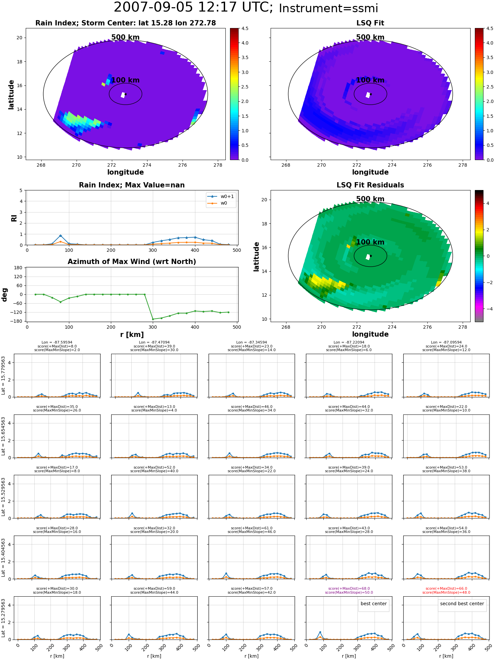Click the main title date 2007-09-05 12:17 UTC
pyautogui.click(x=193, y=8)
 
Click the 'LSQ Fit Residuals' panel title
pyautogui.click(x=370, y=185)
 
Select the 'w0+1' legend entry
pyautogui.click(x=221, y=196)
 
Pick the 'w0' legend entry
pyautogui.click(x=218, y=203)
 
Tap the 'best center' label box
pyautogui.click(x=374, y=604)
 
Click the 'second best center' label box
pyautogui.click(x=462, y=604)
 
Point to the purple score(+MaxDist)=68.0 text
pyautogui.click(x=349, y=588)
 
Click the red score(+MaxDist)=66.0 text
pyautogui.click(x=446, y=588)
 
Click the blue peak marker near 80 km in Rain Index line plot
pyautogui.click(x=60, y=236)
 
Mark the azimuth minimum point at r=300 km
pyautogui.click(x=153, y=319)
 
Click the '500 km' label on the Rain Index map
pyautogui.click(x=125, y=37)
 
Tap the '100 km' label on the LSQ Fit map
pyautogui.click(x=370, y=80)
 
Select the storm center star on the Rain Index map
pyautogui.click(x=126, y=94)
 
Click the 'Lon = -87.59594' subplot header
pyautogui.click(x=57, y=343)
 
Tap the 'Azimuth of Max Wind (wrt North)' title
pyautogui.click(x=132, y=262)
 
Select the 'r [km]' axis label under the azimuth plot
pyautogui.click(x=132, y=334)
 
